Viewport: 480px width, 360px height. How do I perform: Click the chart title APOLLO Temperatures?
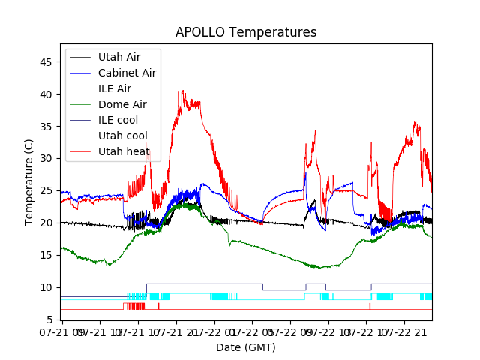246,33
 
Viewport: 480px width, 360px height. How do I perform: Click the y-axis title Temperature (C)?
29,182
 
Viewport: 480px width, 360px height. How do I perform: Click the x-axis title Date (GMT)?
246,347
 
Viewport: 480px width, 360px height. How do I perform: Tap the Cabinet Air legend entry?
127,73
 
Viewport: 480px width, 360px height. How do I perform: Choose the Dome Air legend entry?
122,104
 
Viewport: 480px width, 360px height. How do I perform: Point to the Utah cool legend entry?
123,136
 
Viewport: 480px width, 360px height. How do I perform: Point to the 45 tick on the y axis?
46,62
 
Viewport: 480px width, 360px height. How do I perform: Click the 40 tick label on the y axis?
46,94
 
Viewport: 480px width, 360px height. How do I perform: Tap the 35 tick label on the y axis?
46,127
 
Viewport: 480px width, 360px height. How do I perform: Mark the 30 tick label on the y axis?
46,159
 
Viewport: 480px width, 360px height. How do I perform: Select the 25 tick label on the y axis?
46,191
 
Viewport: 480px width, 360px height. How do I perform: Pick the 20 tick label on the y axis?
46,223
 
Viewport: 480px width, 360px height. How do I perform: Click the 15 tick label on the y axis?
46,256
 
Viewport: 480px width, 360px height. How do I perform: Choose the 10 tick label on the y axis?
46,288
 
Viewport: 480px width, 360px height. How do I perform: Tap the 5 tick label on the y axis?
49,320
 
